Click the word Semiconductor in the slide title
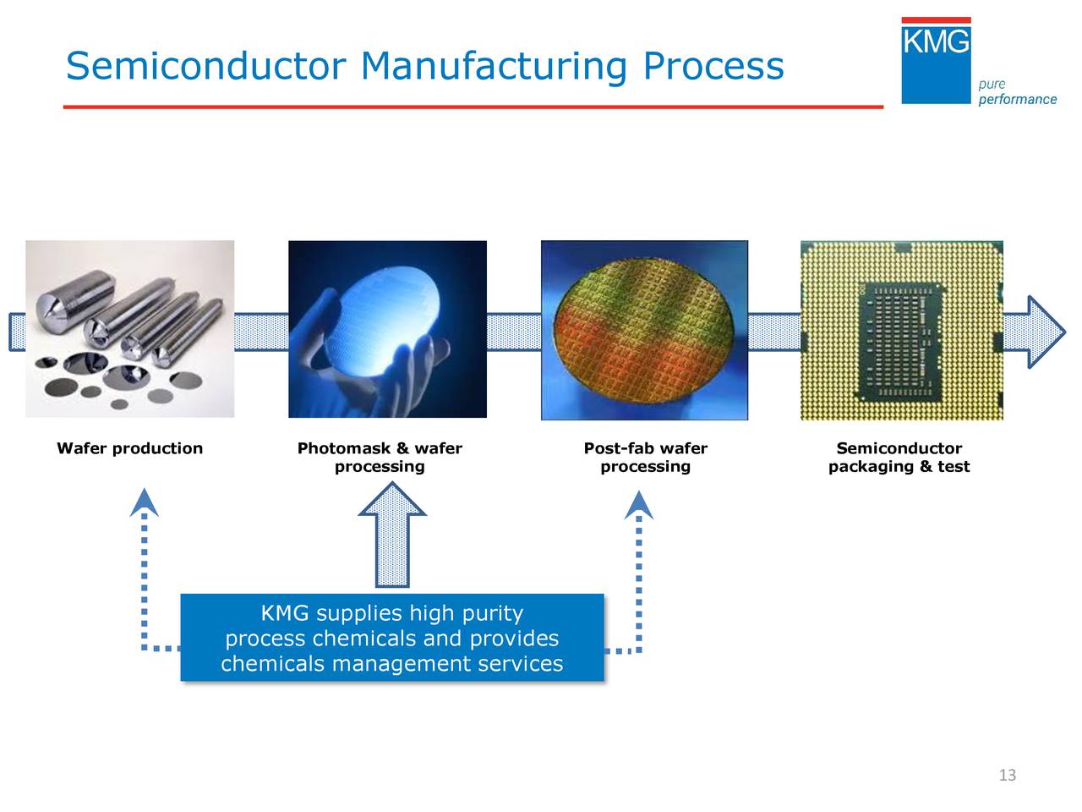pyautogui.click(x=205, y=66)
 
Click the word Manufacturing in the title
pyautogui.click(x=495, y=66)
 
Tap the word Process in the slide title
pyautogui.click(x=713, y=66)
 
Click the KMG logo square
pyautogui.click(x=936, y=61)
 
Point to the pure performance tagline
pyautogui.click(x=1017, y=92)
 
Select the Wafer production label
pyautogui.click(x=129, y=448)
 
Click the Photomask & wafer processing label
pyautogui.click(x=380, y=458)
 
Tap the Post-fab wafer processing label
pyautogui.click(x=645, y=458)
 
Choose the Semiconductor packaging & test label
pyautogui.click(x=899, y=458)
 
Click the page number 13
pyautogui.click(x=1007, y=776)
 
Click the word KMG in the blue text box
pyautogui.click(x=284, y=613)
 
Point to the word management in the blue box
pyautogui.click(x=401, y=664)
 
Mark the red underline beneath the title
pyautogui.click(x=473, y=107)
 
